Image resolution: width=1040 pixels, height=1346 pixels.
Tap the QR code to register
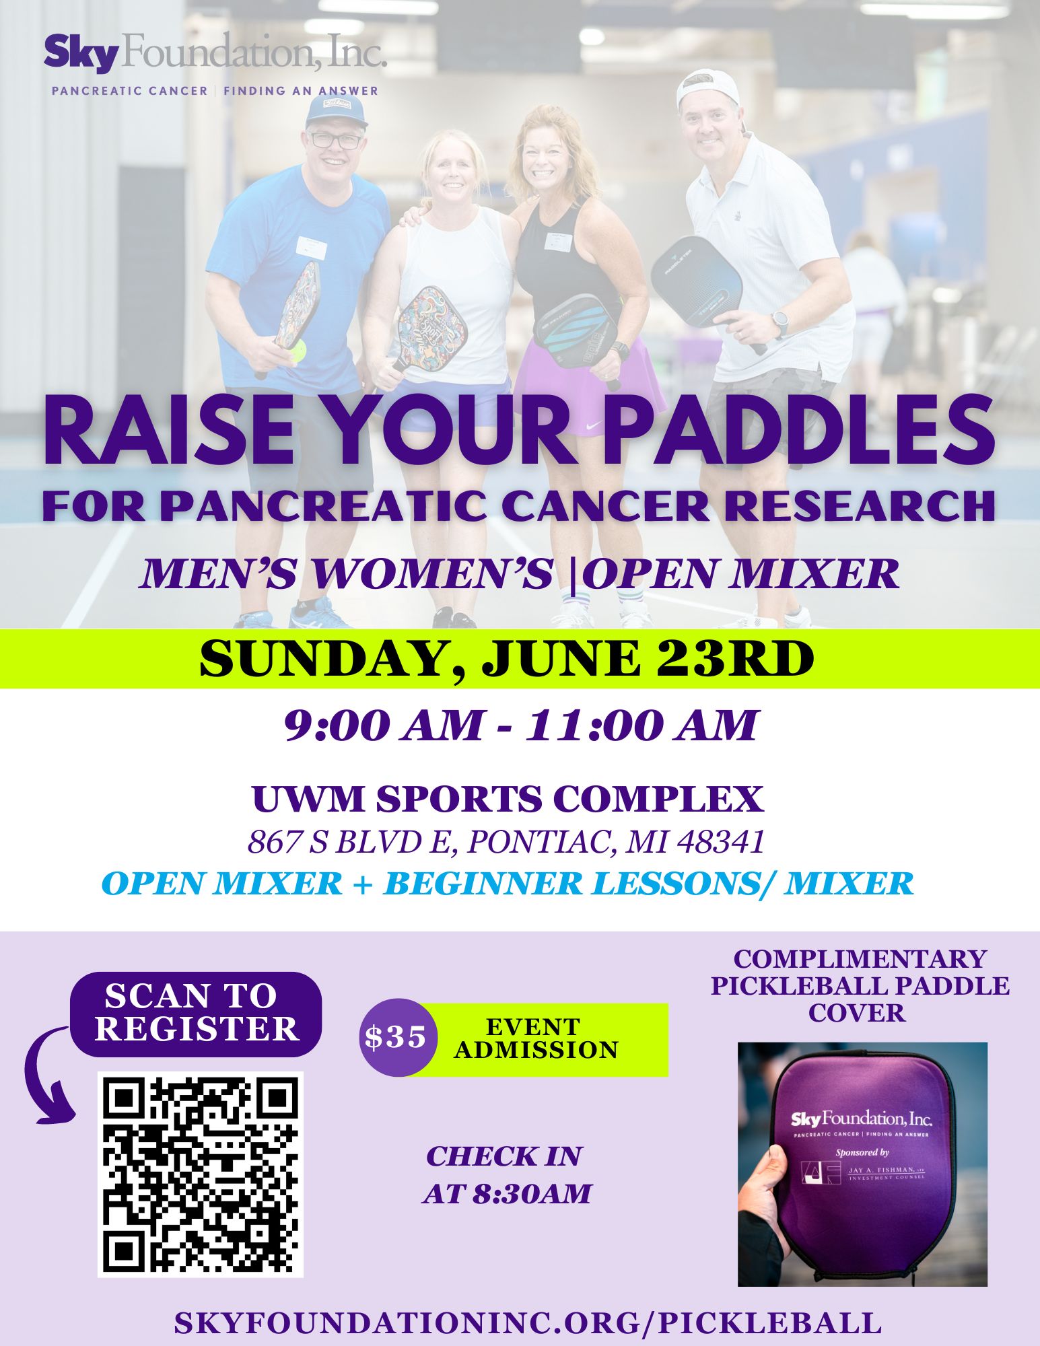(201, 1174)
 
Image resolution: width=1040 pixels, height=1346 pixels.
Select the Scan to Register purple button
(197, 1014)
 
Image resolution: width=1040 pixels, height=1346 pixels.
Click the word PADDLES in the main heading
(798, 431)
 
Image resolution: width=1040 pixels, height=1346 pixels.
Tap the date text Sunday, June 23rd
(506, 660)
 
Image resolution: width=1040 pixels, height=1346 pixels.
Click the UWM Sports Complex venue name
(508, 800)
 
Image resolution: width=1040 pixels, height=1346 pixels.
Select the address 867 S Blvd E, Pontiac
(506, 841)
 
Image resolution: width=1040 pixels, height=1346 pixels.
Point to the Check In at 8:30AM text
(506, 1174)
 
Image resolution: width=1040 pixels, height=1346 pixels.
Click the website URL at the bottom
(528, 1322)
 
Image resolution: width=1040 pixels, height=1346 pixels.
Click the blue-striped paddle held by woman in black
(576, 332)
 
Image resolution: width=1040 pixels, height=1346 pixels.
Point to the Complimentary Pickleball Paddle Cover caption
(860, 985)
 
